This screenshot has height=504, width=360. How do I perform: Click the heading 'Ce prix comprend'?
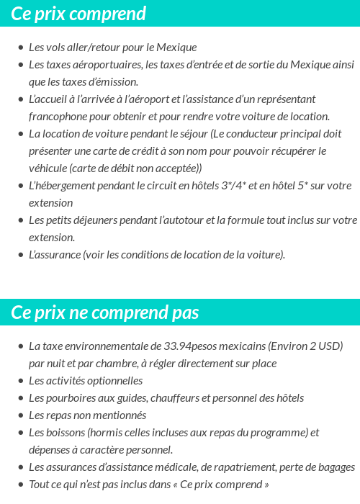78,14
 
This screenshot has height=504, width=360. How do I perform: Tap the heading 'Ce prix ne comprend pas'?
105,312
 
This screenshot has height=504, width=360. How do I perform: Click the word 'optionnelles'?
112,381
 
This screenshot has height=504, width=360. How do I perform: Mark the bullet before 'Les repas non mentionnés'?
20,416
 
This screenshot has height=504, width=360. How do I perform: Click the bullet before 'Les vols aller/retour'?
20,48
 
